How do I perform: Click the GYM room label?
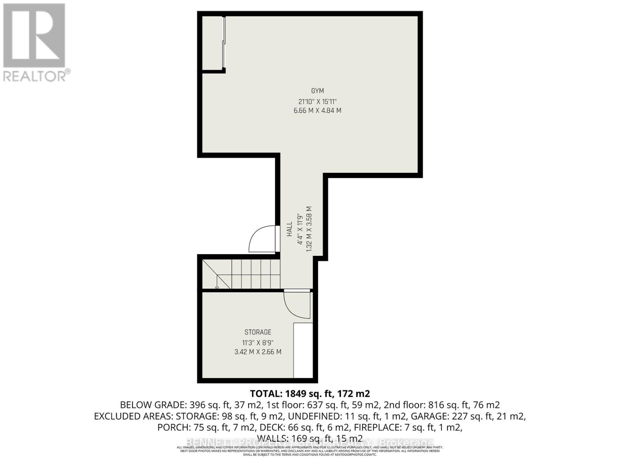point(317,91)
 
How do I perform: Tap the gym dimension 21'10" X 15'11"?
point(317,102)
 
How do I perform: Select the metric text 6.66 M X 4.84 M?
point(317,110)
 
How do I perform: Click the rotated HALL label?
point(289,229)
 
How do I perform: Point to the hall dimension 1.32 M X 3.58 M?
point(309,229)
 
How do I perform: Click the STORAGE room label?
point(258,332)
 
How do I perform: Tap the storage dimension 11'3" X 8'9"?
point(258,343)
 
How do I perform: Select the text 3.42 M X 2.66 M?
point(258,352)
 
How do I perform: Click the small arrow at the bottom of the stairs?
point(217,287)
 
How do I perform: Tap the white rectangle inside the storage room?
point(303,350)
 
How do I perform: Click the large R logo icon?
point(34,36)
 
